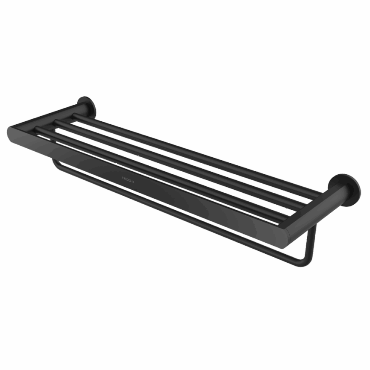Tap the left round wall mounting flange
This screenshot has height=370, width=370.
click(x=87, y=107)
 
